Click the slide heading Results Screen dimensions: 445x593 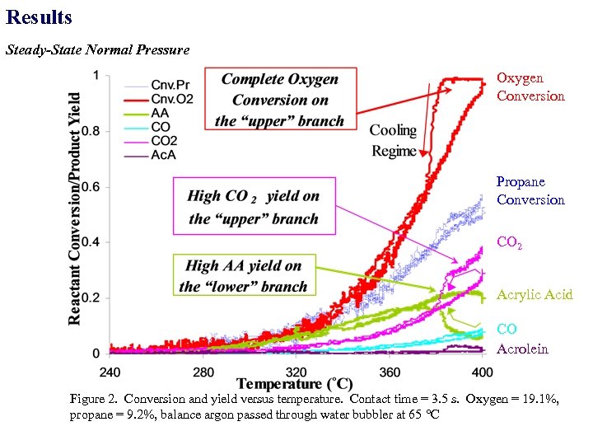[x=39, y=17]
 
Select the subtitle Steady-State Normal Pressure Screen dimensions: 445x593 [x=97, y=50]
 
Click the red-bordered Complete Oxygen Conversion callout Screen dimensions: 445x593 [x=280, y=100]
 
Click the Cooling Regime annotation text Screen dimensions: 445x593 [x=393, y=141]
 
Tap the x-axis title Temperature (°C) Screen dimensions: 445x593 [x=295, y=384]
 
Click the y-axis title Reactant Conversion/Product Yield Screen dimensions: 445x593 [x=74, y=208]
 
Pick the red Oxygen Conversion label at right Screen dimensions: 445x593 [x=530, y=87]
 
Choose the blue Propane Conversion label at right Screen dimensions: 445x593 [x=530, y=190]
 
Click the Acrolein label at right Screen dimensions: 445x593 [x=522, y=349]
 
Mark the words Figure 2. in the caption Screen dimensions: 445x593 [x=93, y=400]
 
